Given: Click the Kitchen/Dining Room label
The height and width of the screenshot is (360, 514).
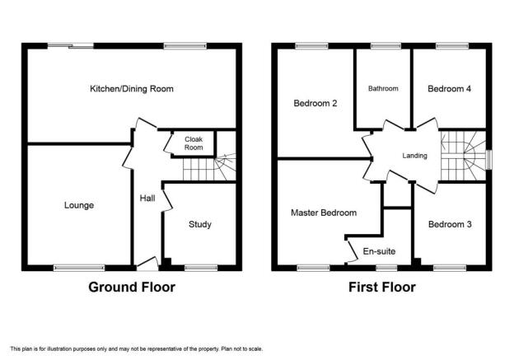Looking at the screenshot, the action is [x=132, y=89].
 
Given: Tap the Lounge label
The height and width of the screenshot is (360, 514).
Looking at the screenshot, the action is [x=79, y=206].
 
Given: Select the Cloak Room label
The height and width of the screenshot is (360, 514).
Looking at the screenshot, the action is [x=194, y=143].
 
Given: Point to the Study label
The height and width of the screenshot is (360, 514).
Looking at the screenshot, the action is [x=200, y=225].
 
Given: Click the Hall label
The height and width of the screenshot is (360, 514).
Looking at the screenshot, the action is [x=147, y=198].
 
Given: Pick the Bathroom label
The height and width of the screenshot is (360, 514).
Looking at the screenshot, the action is [x=383, y=88].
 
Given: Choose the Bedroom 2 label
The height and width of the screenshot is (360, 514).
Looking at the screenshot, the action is [x=315, y=104].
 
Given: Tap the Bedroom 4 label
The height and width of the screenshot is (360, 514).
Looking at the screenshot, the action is [x=450, y=89].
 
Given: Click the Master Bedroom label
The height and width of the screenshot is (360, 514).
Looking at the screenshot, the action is [x=324, y=213].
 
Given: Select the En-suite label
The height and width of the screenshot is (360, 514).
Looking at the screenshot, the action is [x=379, y=251].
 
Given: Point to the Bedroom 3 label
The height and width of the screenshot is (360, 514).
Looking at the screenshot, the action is [x=450, y=224].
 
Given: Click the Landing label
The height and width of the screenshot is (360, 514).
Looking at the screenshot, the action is [x=414, y=156].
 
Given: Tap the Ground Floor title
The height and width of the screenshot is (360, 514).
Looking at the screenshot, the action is [x=132, y=288].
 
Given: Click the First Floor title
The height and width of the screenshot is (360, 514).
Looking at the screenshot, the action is [x=382, y=288].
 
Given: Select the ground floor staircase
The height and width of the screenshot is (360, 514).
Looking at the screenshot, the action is [x=209, y=167].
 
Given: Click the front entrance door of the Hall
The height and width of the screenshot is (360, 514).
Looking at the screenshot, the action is [x=147, y=263].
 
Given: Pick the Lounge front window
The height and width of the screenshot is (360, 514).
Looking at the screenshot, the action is [x=79, y=268].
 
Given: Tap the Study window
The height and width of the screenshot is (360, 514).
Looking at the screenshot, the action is [x=201, y=268].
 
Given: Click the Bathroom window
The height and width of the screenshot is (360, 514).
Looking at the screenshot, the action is [x=386, y=46].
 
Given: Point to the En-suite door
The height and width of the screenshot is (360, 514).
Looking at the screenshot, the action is [x=352, y=251].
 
